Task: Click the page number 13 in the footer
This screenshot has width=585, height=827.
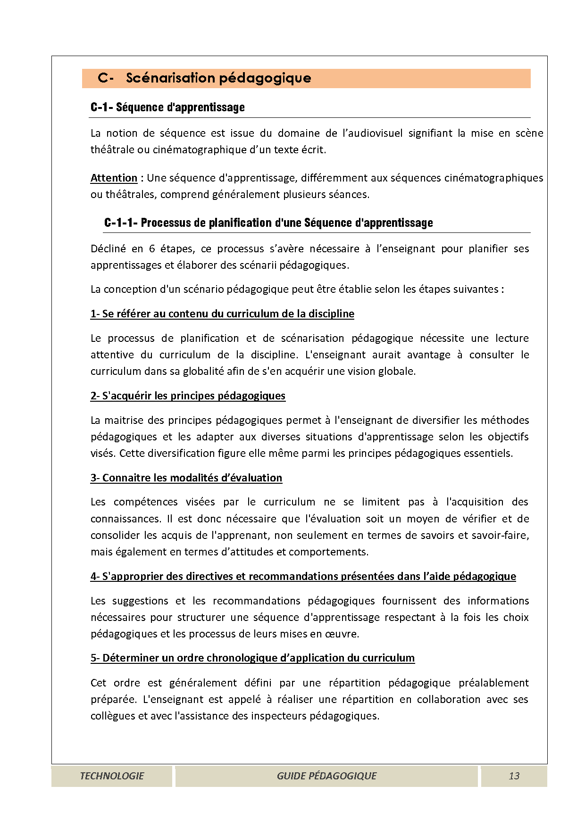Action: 514,776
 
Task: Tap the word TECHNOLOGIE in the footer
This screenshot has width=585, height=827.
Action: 112,776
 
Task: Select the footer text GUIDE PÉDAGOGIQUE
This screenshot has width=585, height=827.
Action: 326,776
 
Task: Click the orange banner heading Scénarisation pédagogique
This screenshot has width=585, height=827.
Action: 218,78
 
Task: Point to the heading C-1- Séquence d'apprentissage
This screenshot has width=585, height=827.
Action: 167,108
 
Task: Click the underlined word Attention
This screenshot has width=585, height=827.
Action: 114,178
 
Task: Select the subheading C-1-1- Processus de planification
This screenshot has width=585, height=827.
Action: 268,223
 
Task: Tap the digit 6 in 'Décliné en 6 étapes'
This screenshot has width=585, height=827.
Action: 152,249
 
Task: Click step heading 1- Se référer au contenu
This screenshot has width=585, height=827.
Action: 222,314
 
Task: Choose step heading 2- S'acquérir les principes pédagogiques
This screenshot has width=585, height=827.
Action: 188,396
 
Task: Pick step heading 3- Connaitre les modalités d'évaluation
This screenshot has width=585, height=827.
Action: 186,478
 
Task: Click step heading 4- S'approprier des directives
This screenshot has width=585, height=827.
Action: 303,577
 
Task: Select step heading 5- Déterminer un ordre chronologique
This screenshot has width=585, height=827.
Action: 252,658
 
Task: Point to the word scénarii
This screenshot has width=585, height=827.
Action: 257,265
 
